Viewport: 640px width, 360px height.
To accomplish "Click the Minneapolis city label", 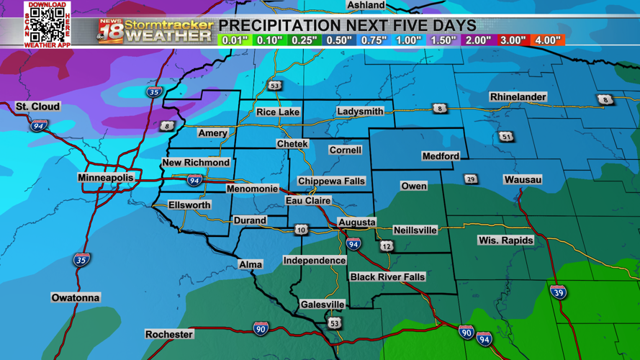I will [106, 177].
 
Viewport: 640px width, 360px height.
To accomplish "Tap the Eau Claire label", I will [308, 201].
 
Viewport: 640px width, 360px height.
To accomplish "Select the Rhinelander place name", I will [518, 97].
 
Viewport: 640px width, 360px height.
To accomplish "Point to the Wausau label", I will [523, 179].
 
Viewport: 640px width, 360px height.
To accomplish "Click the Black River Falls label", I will [387, 277].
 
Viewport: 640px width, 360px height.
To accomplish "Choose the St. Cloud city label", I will [38, 107].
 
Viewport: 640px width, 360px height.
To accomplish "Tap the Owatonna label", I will [76, 297].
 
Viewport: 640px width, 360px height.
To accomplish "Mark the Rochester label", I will [169, 335].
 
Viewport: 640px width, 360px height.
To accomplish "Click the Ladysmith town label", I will [360, 112].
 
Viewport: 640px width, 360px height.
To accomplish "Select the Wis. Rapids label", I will [506, 240].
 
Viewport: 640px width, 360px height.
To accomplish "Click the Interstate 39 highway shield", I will [558, 292].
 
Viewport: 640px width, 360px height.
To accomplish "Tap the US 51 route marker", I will [507, 136].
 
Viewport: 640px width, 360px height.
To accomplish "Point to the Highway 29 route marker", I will [471, 179].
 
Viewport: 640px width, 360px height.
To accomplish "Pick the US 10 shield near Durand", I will [301, 230].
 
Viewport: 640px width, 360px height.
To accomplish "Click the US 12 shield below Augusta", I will [387, 246].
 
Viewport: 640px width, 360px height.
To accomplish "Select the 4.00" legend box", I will [548, 40].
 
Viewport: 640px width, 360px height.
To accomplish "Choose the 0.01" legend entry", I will [235, 40].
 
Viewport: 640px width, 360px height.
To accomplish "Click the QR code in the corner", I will [47, 24].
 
